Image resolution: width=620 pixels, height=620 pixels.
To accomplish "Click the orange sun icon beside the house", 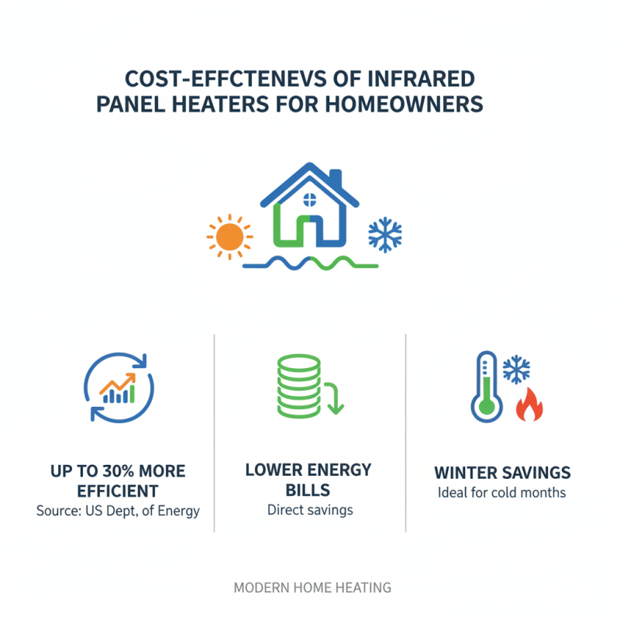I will [x=230, y=236].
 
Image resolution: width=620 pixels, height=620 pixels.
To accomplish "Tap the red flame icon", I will [x=529, y=405].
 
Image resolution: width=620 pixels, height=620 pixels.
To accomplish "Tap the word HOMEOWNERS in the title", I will [x=405, y=104].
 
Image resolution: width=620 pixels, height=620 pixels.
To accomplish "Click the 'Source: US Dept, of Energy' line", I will [x=118, y=511].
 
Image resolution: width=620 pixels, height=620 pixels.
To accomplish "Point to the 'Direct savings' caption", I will [x=309, y=509].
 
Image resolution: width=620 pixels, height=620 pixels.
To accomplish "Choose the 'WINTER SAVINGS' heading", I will [x=502, y=472].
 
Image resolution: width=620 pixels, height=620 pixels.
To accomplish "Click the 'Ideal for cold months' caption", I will [x=502, y=492].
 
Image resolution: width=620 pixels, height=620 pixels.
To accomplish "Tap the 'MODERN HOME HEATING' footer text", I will [x=312, y=587].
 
